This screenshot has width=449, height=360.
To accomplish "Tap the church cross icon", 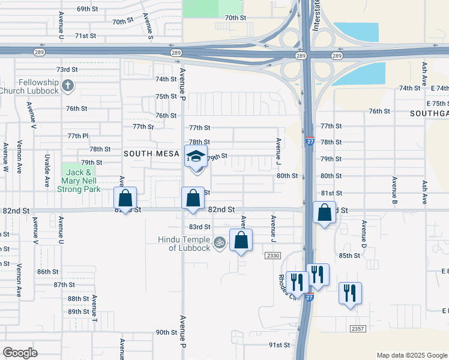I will [67, 85].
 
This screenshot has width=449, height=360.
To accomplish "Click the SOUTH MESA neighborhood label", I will [151, 154].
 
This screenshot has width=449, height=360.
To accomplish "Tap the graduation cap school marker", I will [196, 157].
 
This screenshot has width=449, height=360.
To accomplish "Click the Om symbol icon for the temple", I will [220, 242].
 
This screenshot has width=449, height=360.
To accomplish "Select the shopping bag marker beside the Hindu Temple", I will [241, 240].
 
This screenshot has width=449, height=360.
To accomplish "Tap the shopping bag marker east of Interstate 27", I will [324, 212].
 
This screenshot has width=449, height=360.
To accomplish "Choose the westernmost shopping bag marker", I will [125, 198].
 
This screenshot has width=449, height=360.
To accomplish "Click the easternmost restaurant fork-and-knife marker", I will [350, 293].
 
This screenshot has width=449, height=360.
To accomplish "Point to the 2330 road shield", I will [272, 256].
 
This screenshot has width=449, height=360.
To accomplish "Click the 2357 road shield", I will [358, 328].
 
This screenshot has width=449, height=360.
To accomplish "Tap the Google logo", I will [20, 353].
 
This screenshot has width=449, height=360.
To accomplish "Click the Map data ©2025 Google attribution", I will [412, 355].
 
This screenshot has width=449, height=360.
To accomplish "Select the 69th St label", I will [87, 9].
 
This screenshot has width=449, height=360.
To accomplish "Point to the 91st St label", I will [279, 345].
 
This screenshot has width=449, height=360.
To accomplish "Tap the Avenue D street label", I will [364, 232].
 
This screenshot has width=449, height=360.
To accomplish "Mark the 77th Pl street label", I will [78, 136].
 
